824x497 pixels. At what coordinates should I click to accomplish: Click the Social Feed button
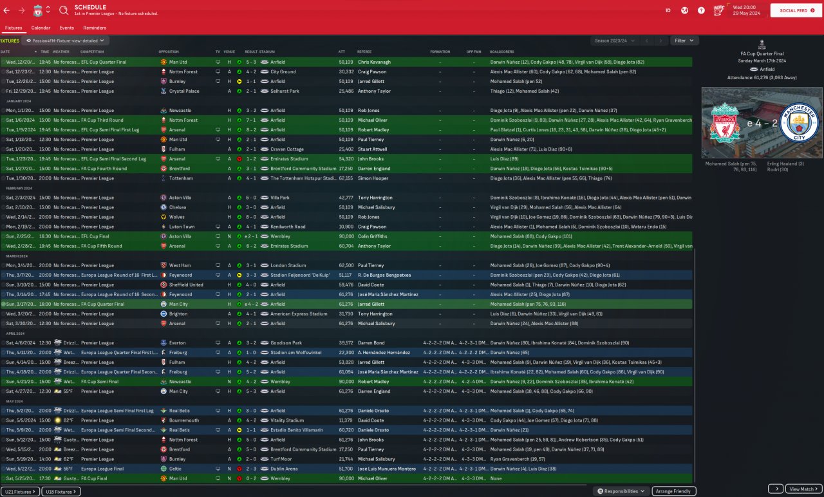coord(796,10)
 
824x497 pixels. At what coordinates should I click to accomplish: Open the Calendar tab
coord(41,28)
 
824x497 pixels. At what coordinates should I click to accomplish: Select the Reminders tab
coord(95,28)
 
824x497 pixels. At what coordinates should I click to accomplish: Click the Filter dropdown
coord(684,41)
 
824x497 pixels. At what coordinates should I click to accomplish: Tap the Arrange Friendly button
coord(673,491)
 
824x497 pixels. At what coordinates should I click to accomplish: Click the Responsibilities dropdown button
coord(621,491)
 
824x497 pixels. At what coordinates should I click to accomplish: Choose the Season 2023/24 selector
coord(615,41)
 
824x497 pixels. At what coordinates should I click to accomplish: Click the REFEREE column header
coord(364,52)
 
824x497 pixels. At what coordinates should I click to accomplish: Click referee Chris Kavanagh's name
coord(374,62)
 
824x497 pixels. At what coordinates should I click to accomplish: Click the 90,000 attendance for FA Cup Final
coord(346,478)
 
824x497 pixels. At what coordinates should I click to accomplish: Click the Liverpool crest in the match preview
coord(724,123)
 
